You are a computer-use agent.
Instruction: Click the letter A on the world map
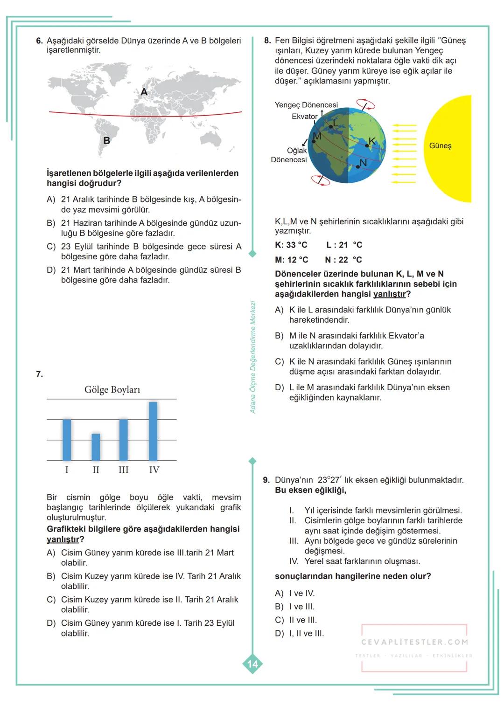coord(144,92)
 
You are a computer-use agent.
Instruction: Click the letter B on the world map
coord(106,140)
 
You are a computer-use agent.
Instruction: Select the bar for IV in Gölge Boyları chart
coord(153,431)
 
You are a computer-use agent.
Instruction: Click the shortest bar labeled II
coord(96,447)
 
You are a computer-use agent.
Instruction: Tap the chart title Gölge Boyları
coord(112,389)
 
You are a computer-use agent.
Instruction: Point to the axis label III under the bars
coord(123,470)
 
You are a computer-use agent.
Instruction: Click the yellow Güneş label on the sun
coord(440,146)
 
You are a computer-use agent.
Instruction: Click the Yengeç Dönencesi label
coord(306,105)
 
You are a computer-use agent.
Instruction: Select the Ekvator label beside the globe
coord(304,117)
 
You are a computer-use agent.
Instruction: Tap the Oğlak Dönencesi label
coord(289,155)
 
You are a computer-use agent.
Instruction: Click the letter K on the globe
coord(372,141)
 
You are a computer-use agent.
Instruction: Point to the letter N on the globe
coord(363,162)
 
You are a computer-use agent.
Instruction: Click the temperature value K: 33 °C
coord(291,245)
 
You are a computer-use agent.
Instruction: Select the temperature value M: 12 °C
coord(291,260)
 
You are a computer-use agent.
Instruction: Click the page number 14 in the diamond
coord(252,664)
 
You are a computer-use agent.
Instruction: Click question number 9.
coord(266,480)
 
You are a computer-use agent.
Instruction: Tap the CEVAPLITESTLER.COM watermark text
coord(414,642)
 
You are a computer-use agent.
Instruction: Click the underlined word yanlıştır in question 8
coord(389,294)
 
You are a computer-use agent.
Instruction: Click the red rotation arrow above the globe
coord(365,104)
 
